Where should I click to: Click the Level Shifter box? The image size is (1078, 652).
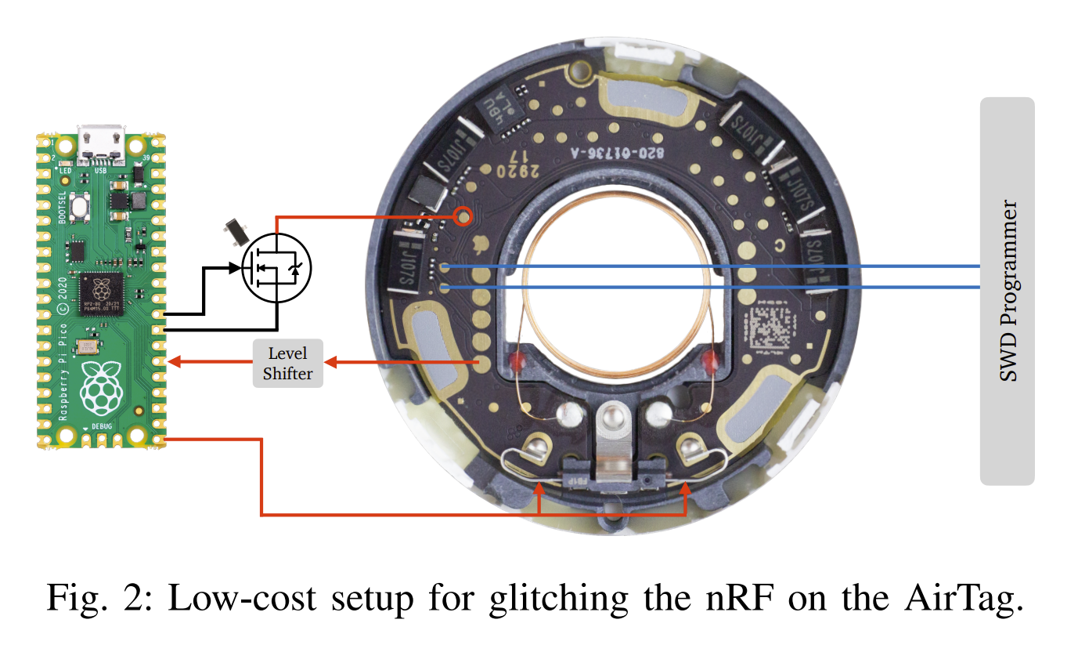point(288,364)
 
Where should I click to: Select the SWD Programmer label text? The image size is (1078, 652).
point(1009,292)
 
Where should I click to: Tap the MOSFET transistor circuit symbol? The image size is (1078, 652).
point(276,267)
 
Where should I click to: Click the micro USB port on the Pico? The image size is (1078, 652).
point(100,142)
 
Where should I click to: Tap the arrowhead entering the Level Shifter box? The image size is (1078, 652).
point(330,362)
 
